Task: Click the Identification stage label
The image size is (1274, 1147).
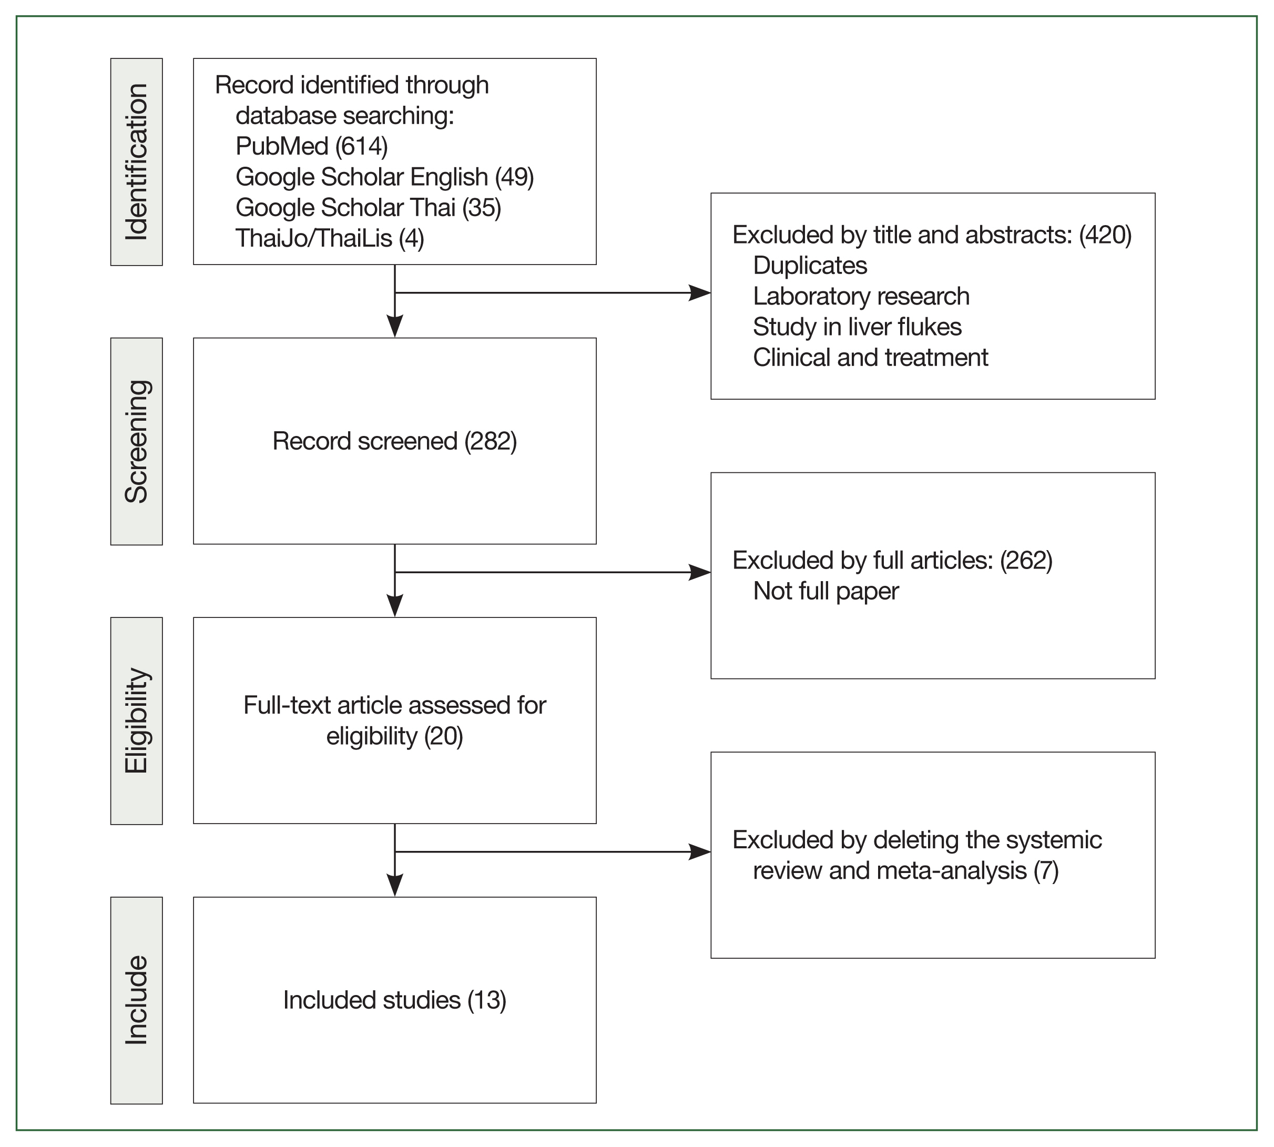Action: click(x=136, y=162)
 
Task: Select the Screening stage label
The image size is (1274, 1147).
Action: click(x=136, y=441)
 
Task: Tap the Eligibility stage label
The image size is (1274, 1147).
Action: click(x=136, y=720)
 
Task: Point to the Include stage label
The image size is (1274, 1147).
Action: click(x=136, y=1000)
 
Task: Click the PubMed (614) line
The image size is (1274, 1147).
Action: click(x=311, y=146)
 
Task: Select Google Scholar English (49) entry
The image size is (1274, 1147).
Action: click(x=384, y=177)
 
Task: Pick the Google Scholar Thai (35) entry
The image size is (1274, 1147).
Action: click(x=368, y=207)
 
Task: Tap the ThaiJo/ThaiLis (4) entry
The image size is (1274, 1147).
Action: click(x=330, y=238)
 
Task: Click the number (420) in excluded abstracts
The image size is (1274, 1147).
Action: click(x=1105, y=235)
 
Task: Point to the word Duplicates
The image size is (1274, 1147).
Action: click(x=810, y=266)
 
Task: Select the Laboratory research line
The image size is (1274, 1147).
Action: click(x=861, y=296)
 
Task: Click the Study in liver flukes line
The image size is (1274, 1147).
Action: click(x=857, y=327)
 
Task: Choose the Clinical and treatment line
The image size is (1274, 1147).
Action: click(x=870, y=357)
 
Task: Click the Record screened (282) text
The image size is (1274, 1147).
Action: click(x=394, y=441)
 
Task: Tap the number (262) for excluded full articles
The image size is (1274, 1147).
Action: click(x=1026, y=560)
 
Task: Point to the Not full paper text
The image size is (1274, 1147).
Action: click(x=825, y=591)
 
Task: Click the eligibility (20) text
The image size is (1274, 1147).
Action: click(x=394, y=736)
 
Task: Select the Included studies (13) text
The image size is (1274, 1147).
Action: click(x=394, y=1000)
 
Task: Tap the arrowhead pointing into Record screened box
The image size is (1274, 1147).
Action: click(x=394, y=327)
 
